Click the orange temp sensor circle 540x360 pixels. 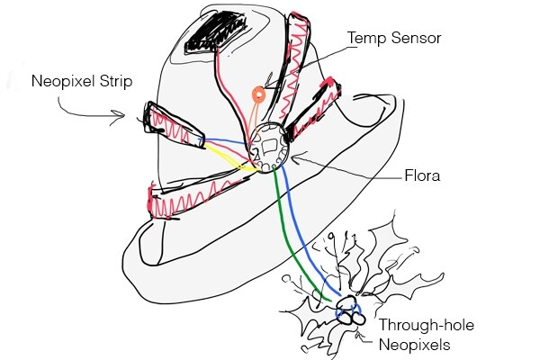[x=258, y=92]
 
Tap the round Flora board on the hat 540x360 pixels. [x=266, y=144]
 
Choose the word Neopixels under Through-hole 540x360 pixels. [x=414, y=343]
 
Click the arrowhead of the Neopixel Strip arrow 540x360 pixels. [x=122, y=114]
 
